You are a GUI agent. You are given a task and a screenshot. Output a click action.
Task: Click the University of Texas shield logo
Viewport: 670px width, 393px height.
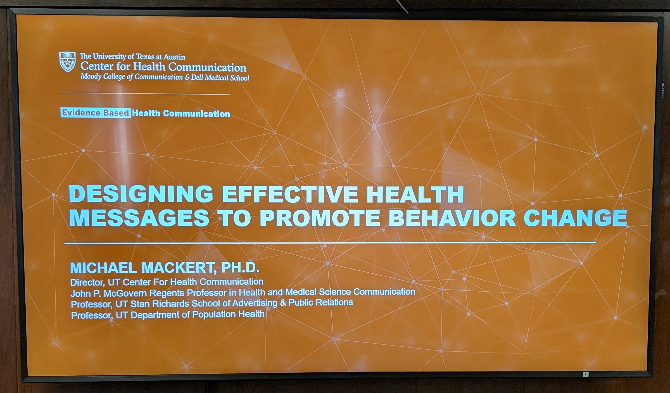(68, 62)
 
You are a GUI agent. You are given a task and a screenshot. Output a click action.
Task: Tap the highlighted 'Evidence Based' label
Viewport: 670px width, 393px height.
(96, 113)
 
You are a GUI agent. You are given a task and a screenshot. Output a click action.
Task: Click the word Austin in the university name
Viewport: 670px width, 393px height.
(174, 57)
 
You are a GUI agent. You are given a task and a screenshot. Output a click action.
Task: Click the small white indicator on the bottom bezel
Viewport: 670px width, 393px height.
(586, 374)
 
